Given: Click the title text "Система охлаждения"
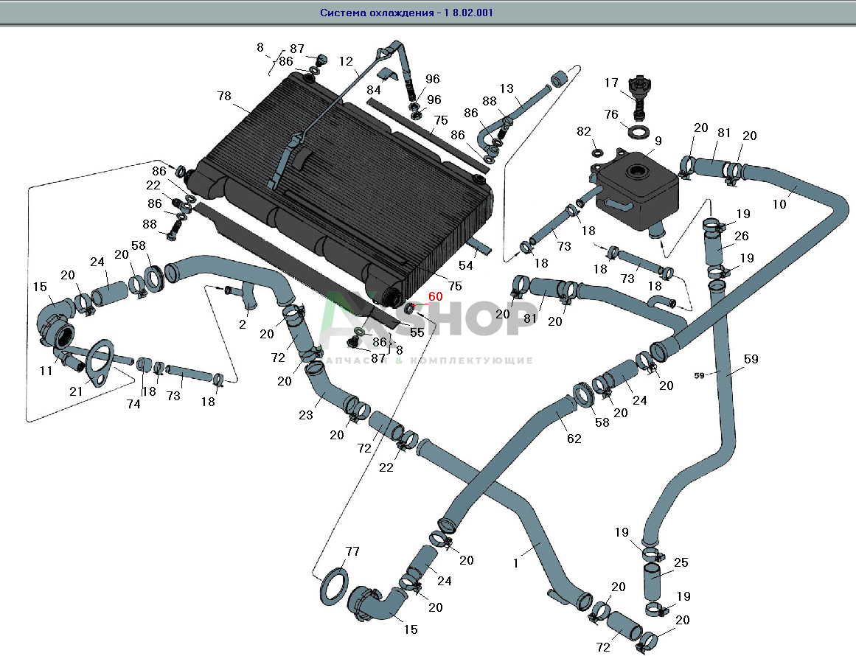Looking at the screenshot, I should click(376, 13).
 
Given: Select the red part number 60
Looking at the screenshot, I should click(436, 296).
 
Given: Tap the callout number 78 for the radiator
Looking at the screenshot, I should click(224, 96).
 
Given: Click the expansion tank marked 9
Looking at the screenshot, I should click(637, 187).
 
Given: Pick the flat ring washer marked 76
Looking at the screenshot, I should click(638, 133).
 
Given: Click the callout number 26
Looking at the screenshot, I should click(742, 237).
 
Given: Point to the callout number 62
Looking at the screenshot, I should click(574, 439).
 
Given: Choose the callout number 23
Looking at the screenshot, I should click(307, 416).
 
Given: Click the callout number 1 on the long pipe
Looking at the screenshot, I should click(516, 563).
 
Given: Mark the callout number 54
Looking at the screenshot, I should click(466, 265).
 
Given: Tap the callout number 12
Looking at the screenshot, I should click(347, 62).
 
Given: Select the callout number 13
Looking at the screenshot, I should click(506, 88).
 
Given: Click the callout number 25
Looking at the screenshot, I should click(681, 563).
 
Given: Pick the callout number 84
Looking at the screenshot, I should click(374, 90).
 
